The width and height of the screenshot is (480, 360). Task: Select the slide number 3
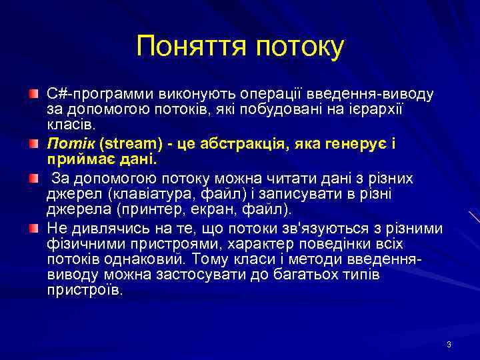[449, 345]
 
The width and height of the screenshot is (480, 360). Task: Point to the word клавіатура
[147, 194]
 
